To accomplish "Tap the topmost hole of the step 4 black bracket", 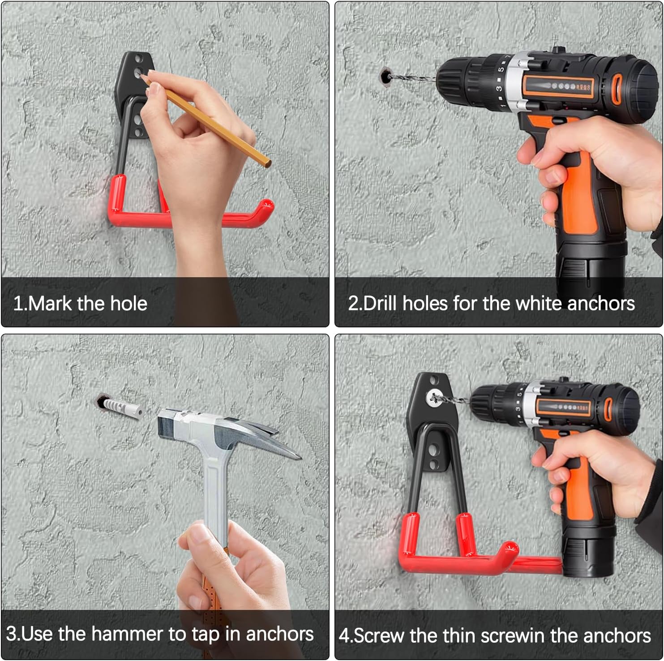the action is click(433, 381).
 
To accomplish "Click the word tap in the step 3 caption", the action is click(204, 635).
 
